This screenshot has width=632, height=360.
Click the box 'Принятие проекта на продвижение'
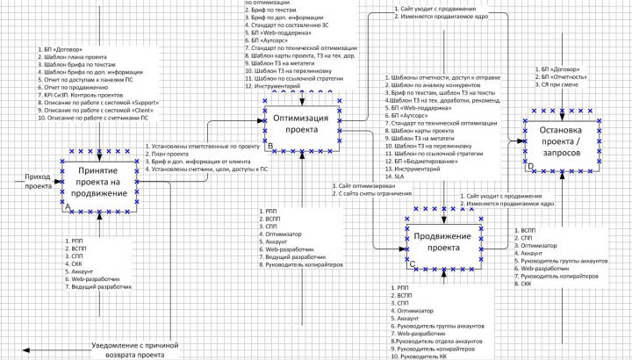click(x=103, y=181)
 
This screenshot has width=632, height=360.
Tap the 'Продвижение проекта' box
click(x=444, y=241)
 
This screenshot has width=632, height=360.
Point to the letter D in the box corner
click(x=530, y=165)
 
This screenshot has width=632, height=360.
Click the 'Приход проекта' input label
click(x=38, y=181)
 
